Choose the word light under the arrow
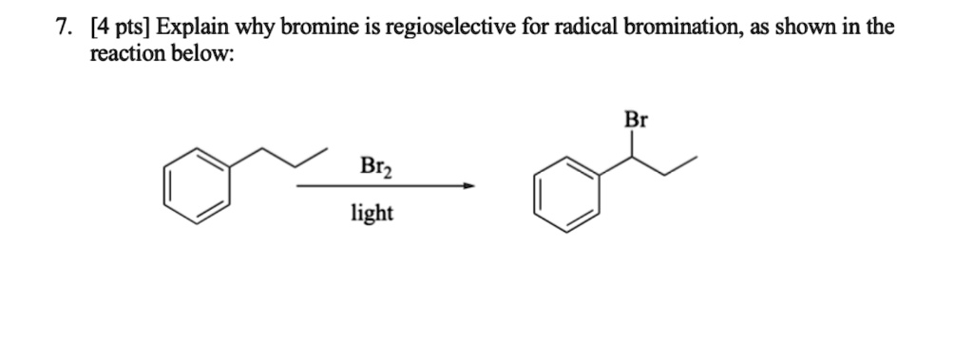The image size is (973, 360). [372, 213]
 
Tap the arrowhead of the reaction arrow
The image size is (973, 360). [467, 186]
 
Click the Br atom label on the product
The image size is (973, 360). [636, 120]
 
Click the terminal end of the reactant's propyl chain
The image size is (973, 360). [327, 149]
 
